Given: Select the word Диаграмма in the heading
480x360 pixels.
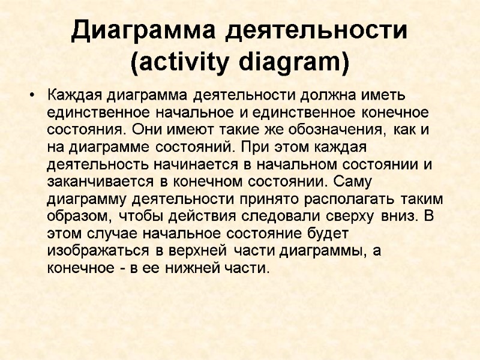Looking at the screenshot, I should point(145,31).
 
